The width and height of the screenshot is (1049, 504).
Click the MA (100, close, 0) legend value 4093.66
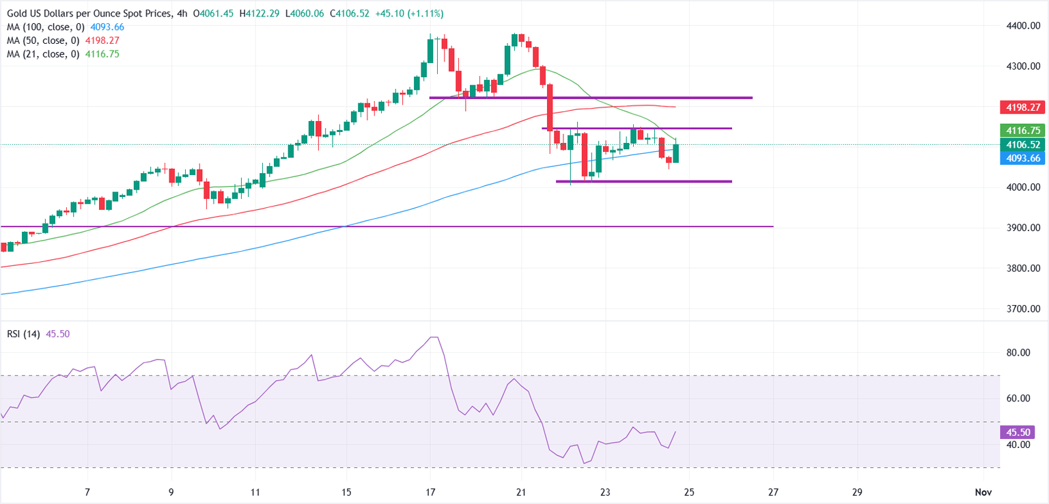point(109,27)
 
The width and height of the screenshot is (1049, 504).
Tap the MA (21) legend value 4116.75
point(102,53)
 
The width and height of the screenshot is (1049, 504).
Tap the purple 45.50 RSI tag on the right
point(1018,432)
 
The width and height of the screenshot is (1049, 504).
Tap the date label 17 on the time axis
point(431,492)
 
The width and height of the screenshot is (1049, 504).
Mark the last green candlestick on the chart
point(675,153)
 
